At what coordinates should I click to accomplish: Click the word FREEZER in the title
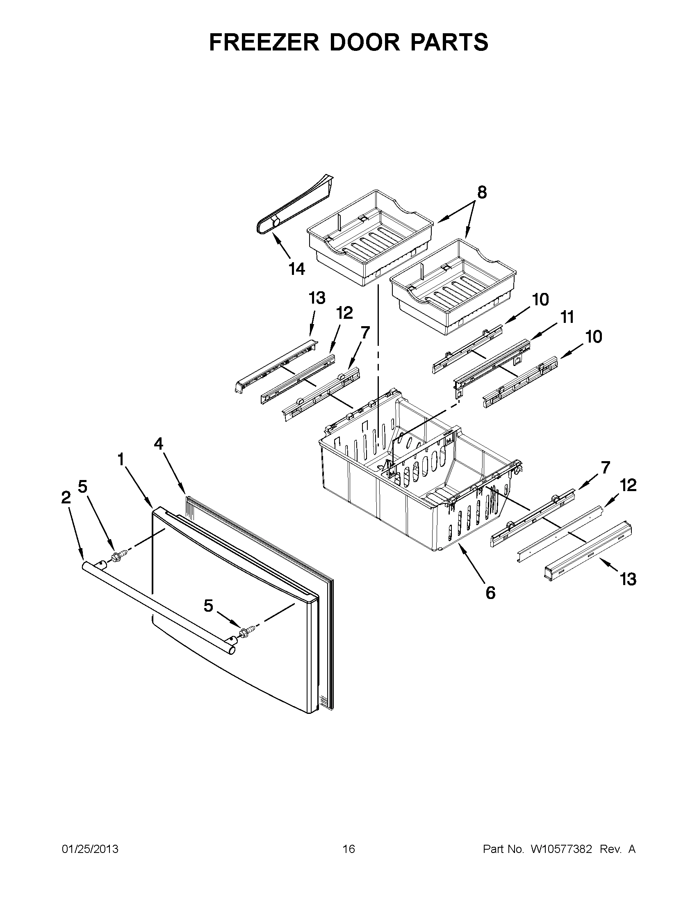pos(264,42)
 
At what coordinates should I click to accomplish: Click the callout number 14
pos(297,269)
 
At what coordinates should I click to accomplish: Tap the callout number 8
pos(482,193)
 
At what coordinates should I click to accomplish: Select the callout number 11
pos(567,318)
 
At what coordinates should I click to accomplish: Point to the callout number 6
pos(490,593)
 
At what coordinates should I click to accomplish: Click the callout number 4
pos(159,444)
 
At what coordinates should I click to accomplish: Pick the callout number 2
pos(66,498)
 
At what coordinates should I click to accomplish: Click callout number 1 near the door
pos(121,460)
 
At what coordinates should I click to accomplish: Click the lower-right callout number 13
pos(628,580)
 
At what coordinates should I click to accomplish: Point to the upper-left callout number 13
pos(317,298)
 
